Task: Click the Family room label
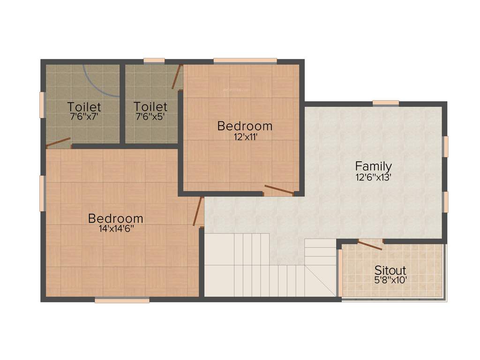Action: tap(373, 166)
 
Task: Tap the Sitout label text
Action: tap(390, 270)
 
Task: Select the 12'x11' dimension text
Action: tap(245, 137)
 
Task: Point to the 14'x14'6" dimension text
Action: tap(115, 229)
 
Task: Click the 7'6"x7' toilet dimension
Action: tap(84, 116)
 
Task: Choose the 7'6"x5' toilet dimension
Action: tap(150, 116)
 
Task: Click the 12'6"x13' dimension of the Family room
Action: tap(373, 177)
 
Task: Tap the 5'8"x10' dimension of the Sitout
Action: tap(390, 280)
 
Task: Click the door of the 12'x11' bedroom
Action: tap(279, 190)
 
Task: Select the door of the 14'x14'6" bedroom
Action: tap(197, 212)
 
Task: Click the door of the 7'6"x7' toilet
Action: tap(59, 142)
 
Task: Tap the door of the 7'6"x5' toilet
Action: tap(177, 77)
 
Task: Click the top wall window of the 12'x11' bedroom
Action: tap(245, 60)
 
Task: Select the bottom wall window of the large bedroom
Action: tap(122, 300)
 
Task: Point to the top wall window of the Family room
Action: tap(386, 103)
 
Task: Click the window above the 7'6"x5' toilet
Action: tap(154, 60)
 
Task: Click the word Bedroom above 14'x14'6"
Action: tap(115, 218)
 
